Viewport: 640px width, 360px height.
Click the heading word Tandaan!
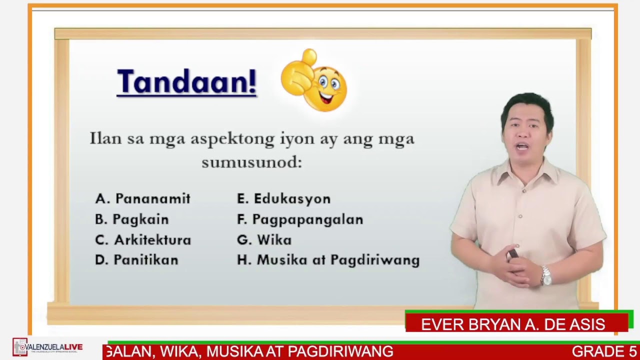(186, 81)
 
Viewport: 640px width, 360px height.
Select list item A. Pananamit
(143, 199)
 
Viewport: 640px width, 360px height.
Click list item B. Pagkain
(132, 219)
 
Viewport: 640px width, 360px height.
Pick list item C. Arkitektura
(143, 240)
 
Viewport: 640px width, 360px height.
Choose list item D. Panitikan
(136, 260)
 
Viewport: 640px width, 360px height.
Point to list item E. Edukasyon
(283, 199)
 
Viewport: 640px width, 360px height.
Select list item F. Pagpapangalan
(300, 219)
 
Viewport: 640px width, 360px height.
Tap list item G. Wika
(264, 240)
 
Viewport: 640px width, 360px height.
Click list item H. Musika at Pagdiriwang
(328, 260)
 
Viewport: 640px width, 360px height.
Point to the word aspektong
(232, 139)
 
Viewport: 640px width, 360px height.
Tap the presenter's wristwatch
(546, 275)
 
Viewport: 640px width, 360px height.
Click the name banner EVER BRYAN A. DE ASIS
(513, 324)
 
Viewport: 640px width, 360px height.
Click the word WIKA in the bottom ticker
(183, 351)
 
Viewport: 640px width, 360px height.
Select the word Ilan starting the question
(105, 138)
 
